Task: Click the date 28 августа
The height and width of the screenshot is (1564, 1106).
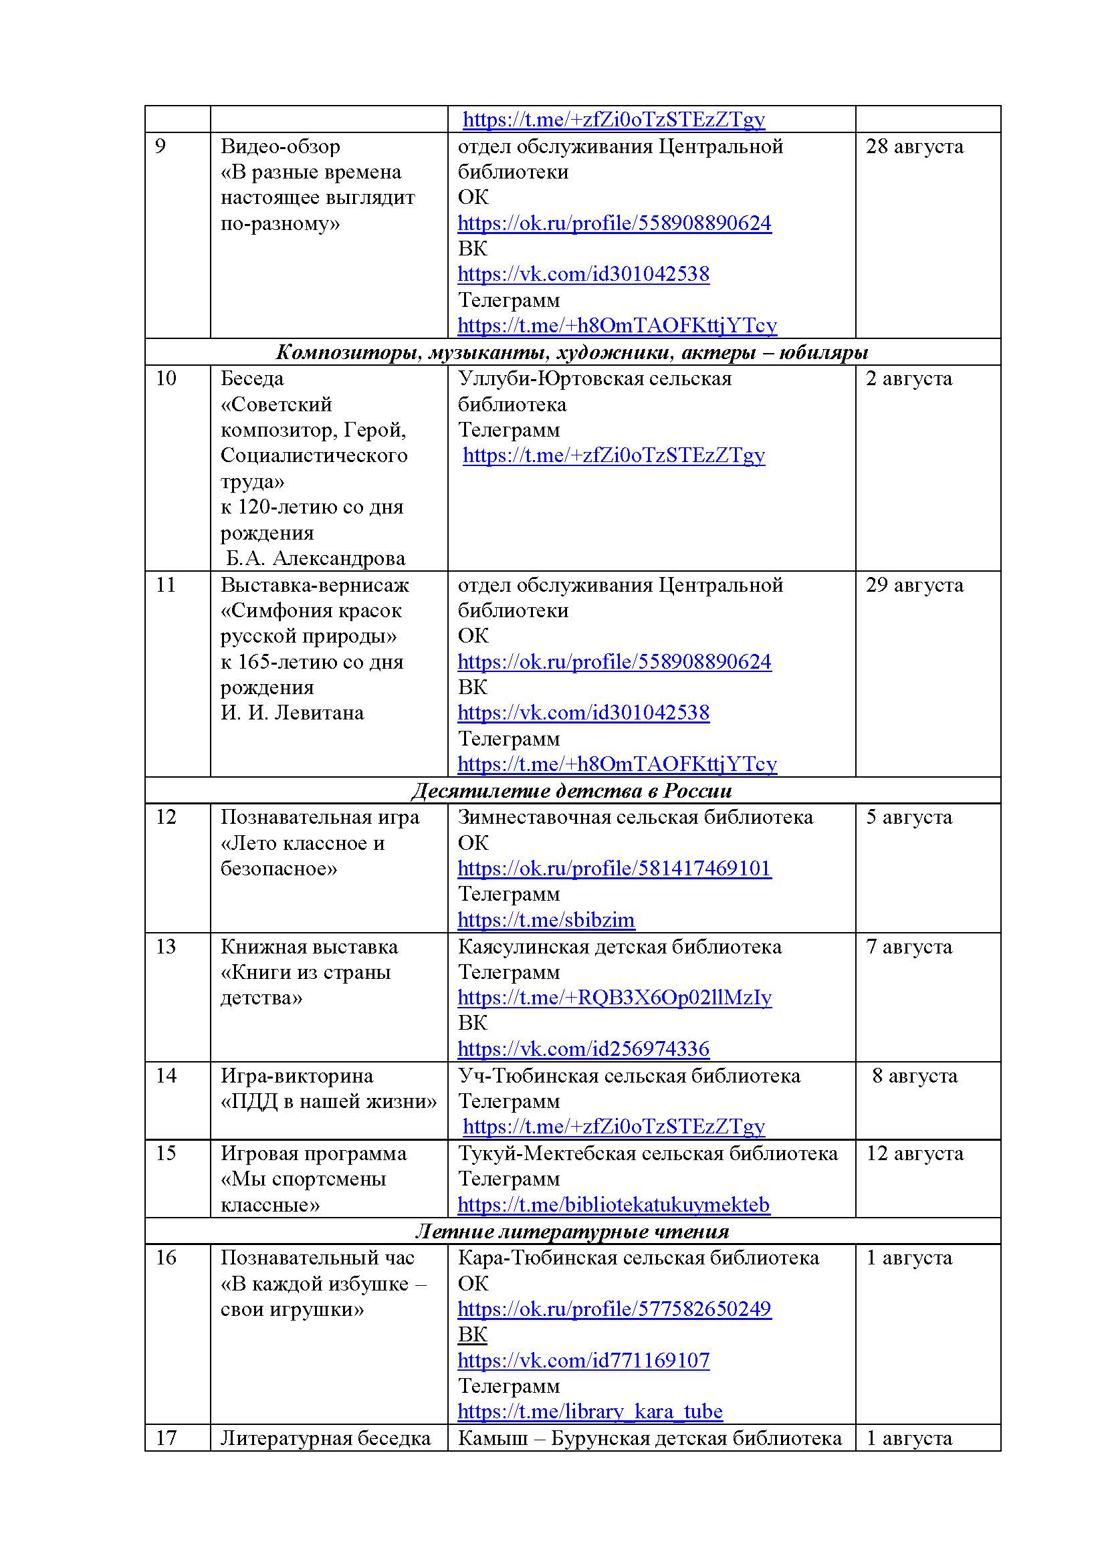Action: click(x=914, y=146)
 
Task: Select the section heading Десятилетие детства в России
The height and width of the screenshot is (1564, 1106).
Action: click(x=571, y=790)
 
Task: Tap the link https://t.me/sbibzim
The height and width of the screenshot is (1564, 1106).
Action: click(x=546, y=919)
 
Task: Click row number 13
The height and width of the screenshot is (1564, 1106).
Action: click(x=167, y=946)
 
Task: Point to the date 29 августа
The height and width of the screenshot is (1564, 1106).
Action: click(x=914, y=584)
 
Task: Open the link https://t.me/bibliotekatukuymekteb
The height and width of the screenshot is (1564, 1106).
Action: click(x=613, y=1204)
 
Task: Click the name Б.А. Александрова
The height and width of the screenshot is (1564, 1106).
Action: click(x=316, y=558)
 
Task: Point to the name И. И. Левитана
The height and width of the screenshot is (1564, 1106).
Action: click(x=292, y=713)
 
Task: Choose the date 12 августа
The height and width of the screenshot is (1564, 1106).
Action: click(x=914, y=1153)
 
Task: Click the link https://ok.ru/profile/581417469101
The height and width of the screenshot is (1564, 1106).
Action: click(x=614, y=868)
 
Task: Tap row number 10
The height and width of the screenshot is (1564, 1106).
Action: click(x=167, y=378)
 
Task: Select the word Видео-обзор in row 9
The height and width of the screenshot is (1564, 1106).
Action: click(x=280, y=146)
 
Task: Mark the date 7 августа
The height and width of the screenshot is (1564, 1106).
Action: click(x=909, y=946)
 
